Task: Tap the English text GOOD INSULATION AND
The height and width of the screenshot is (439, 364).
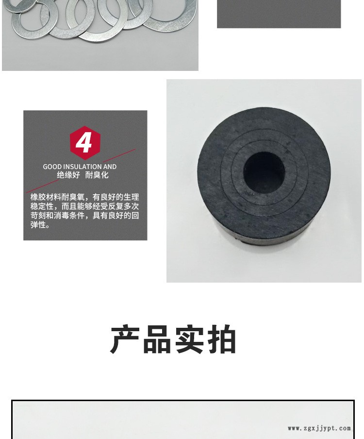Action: pos(80,167)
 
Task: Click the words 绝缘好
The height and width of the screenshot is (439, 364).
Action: pos(68,175)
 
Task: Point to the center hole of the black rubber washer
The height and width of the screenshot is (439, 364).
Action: pos(264,172)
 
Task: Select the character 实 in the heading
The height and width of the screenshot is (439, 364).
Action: pos(189,340)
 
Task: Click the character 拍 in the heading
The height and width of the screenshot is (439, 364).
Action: pos(221,340)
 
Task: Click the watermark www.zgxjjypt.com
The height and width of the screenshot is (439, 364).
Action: pos(319,428)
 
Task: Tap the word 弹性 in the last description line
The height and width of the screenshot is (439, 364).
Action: pos(38,225)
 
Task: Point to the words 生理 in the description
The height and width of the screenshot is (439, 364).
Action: pos(131,197)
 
